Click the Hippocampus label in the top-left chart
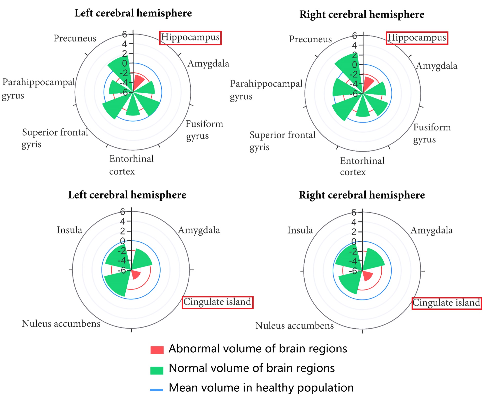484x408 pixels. tap(190, 38)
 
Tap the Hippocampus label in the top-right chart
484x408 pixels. tap(417, 38)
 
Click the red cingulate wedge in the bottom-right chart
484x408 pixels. tap(367, 276)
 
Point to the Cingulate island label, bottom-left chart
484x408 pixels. tap(217, 302)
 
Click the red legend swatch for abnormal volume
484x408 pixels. tap(157, 350)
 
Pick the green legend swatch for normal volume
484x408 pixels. tap(157, 370)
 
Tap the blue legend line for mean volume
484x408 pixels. tap(156, 390)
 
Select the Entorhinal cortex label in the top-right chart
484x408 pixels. tap(362, 166)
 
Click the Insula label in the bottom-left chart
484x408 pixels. tap(69, 230)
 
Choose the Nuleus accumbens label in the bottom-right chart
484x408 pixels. tap(294, 326)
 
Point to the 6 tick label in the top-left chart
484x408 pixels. tap(124, 34)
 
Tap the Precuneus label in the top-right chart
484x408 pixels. tap(310, 39)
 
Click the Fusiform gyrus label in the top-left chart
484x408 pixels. tap(204, 130)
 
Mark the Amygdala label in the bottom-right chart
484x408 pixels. tap(431, 230)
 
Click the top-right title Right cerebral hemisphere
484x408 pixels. tap(362, 14)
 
